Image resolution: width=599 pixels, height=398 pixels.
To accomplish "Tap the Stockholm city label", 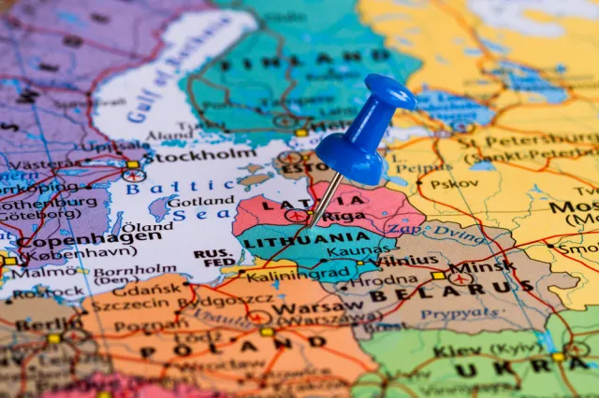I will point(199,155).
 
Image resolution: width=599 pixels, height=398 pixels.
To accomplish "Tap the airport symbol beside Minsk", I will point(459,278).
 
